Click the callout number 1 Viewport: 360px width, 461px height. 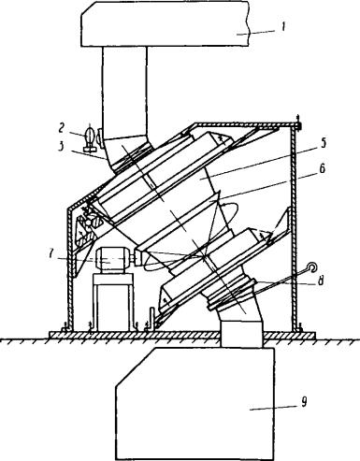[282, 27]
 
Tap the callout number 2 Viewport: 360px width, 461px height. [62, 127]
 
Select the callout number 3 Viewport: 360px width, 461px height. [62, 145]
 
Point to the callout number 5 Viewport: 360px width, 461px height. [323, 143]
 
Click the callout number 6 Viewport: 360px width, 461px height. [323, 168]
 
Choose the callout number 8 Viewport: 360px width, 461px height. [321, 281]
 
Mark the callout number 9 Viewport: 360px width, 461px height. [304, 402]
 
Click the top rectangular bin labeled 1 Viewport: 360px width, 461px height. [166, 24]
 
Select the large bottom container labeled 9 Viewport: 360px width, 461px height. [194, 404]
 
